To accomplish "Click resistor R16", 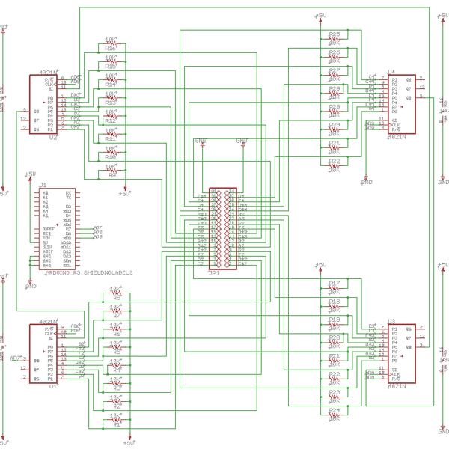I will pyautogui.click(x=111, y=43).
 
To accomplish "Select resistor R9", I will pyautogui.click(x=111, y=170).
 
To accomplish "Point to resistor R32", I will pyautogui.click(x=334, y=165).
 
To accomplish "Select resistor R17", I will pyautogui.click(x=334, y=288).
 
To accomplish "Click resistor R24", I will pyautogui.click(x=334, y=415).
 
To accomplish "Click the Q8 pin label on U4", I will pyautogui.click(x=409, y=97).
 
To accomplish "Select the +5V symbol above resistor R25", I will pyautogui.click(x=320, y=16).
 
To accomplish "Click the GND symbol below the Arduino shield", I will pyautogui.click(x=31, y=285).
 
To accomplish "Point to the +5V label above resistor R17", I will pyautogui.click(x=320, y=264).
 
